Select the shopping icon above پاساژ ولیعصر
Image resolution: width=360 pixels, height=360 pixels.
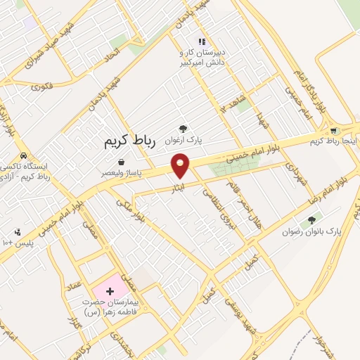[x=122, y=162]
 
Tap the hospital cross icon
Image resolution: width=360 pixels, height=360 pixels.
[x=109, y=290]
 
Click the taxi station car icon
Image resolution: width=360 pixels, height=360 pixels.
[x=23, y=155]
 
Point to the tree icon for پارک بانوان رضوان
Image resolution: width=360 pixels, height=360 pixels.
[x=312, y=220]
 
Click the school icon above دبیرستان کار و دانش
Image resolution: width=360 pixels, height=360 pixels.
[x=202, y=42]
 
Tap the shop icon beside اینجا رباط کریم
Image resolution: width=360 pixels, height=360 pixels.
[x=333, y=130]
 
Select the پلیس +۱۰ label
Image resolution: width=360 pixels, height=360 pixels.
[x=14, y=243]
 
